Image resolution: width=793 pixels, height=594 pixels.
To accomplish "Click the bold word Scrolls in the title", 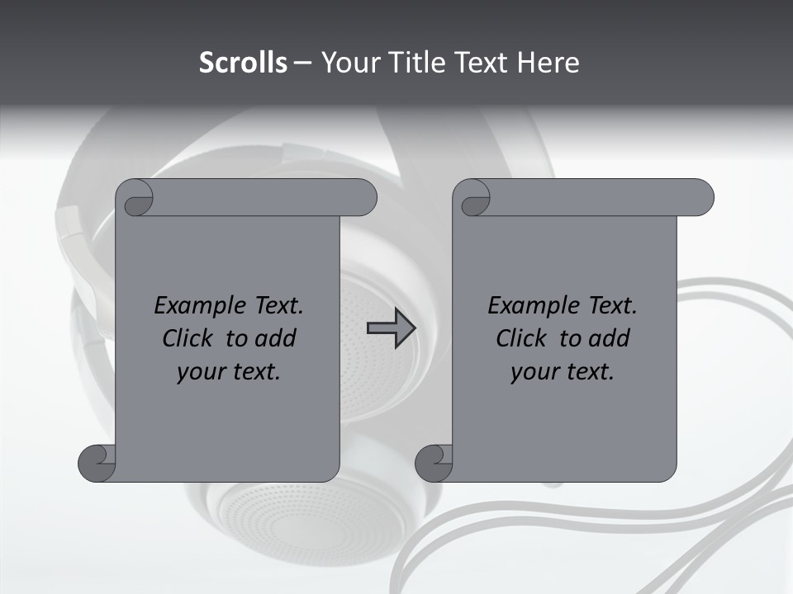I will coord(244,63).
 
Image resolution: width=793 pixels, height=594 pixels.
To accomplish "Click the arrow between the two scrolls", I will coord(391,329).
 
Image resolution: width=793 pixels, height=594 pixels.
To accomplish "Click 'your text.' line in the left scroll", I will coord(229,372).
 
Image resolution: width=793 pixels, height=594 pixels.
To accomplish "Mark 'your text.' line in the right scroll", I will coord(563,372).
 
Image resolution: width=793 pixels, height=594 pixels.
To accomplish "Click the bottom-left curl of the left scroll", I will coord(98,463).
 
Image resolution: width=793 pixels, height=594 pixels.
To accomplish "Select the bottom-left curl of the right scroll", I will coord(434,463).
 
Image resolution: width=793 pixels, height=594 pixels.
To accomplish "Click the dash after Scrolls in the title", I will coord(303,64).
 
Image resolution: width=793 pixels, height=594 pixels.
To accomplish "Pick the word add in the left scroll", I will coord(276,338).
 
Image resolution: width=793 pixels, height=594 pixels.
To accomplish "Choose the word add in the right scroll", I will coord(610,338).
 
